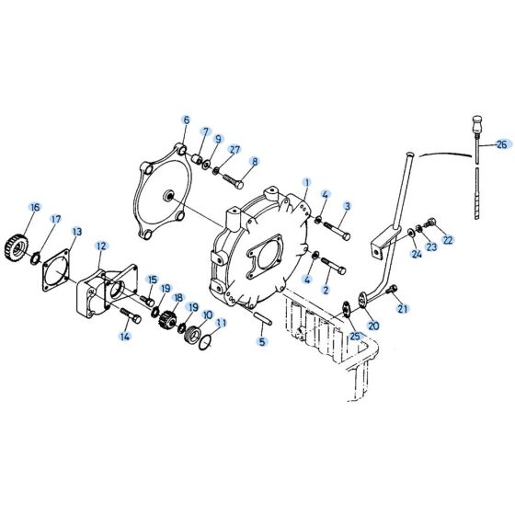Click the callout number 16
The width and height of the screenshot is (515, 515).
click(34, 206)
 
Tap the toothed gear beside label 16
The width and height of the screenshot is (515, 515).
click(35, 246)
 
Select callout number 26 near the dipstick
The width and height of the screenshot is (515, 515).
click(500, 144)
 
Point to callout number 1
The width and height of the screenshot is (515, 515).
click(306, 182)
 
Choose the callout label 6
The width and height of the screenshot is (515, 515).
click(186, 120)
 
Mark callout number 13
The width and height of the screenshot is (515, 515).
click(76, 232)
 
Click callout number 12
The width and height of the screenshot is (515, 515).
click(101, 246)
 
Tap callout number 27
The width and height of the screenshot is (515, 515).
click(235, 150)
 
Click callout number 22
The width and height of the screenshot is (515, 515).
click(448, 241)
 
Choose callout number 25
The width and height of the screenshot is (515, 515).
click(354, 337)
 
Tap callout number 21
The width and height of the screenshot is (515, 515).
click(401, 310)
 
